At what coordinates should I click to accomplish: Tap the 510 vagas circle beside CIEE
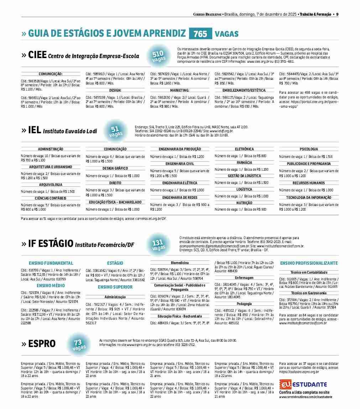[x=157, y=56]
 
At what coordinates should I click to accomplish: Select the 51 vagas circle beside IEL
[x=115, y=131]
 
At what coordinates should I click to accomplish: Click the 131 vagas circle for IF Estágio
[x=158, y=245]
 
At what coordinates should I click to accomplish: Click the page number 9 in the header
[x=337, y=14]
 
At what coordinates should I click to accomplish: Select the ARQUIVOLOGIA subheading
[x=51, y=185]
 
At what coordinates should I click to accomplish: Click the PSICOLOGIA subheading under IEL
[x=309, y=149]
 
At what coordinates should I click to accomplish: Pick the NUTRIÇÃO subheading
[x=244, y=203]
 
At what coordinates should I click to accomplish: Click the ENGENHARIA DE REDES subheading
[x=180, y=197]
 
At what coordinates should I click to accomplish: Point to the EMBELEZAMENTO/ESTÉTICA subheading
[x=244, y=90]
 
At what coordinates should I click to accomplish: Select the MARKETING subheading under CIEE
[x=179, y=90]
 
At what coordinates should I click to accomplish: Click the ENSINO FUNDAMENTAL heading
[x=51, y=263]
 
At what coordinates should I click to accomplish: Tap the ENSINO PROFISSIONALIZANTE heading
[x=309, y=263]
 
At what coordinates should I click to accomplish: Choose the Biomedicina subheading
[x=180, y=263]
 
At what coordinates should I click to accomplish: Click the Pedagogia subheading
[x=244, y=304]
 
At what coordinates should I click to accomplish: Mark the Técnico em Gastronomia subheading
[x=309, y=293]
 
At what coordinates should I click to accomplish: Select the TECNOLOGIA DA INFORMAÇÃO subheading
[x=309, y=197]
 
